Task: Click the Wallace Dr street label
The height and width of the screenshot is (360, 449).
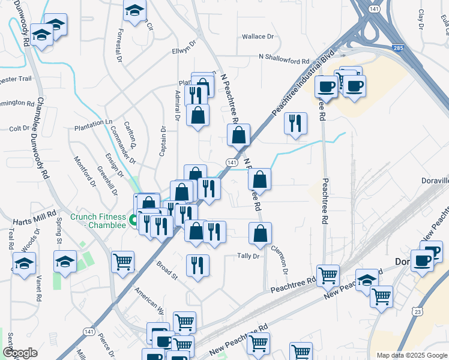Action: [x=258, y=37]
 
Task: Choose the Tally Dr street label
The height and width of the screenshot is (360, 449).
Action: [x=248, y=256]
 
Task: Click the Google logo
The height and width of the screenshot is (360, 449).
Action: [x=20, y=353]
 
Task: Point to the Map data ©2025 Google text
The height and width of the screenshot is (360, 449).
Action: [x=411, y=355]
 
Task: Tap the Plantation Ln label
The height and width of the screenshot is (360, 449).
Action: [x=93, y=122]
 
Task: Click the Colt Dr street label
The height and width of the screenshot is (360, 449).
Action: [x=19, y=128]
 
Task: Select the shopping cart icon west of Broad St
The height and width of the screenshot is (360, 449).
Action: [x=122, y=261]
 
